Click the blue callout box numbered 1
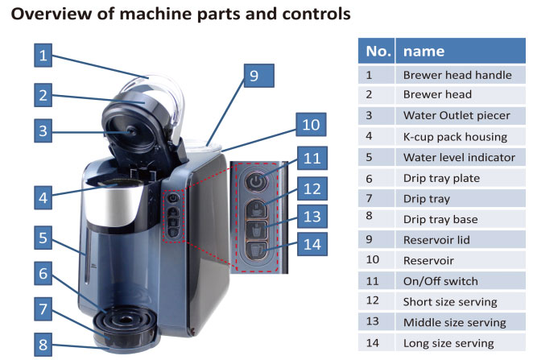pos(43,55)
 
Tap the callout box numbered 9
pos(259,76)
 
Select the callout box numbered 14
pos(312,244)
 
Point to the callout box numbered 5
pos(43,238)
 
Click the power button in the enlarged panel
pos(256,181)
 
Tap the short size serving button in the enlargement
pos(257,209)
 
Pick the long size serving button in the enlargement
pos(257,250)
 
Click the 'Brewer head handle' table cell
pos(457,75)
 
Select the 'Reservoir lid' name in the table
pos(436,240)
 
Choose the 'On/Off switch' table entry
pos(440,281)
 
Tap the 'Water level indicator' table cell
pos(459,157)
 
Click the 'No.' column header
pos(376,51)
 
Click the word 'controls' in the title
pos(316,14)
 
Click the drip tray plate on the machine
pos(126,320)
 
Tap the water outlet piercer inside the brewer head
pos(131,131)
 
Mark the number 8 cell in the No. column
pos(370,216)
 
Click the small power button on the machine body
pos(173,198)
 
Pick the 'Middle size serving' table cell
pos(454,322)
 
